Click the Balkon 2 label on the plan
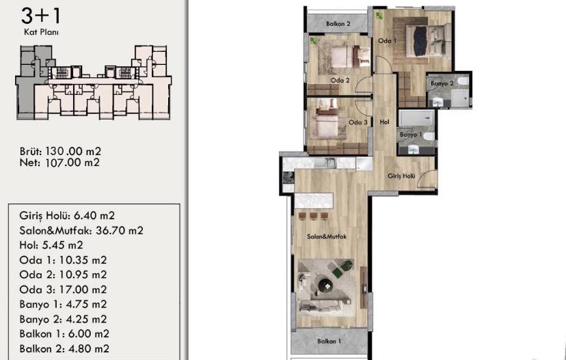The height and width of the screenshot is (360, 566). (x=338, y=24)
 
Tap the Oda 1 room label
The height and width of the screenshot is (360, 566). (x=387, y=41)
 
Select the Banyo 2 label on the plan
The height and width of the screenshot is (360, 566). (x=442, y=83)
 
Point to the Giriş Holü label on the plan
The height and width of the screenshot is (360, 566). (x=401, y=176)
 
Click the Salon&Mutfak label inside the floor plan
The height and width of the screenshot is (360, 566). (x=326, y=236)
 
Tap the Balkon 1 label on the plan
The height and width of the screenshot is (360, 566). (x=329, y=341)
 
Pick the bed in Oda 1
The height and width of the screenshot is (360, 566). (x=427, y=40)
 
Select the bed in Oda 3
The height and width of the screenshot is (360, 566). (x=327, y=120)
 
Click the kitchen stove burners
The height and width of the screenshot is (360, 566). (x=288, y=177)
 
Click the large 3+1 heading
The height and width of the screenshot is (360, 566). (x=41, y=16)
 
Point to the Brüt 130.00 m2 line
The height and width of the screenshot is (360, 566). (x=60, y=151)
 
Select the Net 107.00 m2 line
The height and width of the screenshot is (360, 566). (x=59, y=163)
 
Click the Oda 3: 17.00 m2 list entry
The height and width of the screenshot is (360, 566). (x=63, y=290)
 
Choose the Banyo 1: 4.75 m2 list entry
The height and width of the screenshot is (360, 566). (x=63, y=304)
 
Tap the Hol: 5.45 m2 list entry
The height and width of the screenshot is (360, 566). (x=51, y=245)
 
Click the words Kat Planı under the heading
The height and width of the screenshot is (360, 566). (x=41, y=32)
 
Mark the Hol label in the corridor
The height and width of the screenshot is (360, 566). (x=384, y=122)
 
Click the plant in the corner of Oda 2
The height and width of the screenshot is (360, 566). (x=313, y=41)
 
